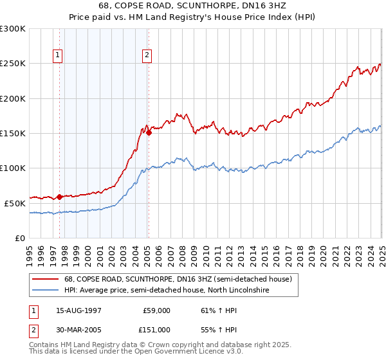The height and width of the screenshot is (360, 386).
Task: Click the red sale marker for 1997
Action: [60, 197]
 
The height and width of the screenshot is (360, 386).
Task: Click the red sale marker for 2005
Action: [149, 133]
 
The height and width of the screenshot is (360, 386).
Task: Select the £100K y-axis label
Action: [13, 168]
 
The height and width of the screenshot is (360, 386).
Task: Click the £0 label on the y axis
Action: [19, 238]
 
